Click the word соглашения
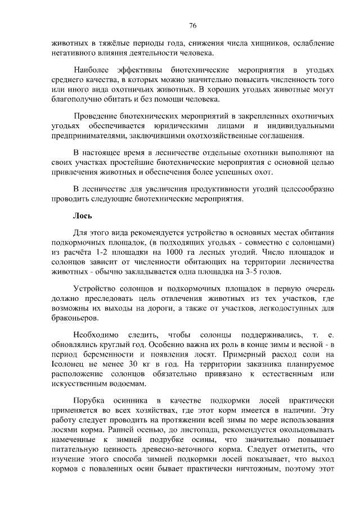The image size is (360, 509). (283, 136)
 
